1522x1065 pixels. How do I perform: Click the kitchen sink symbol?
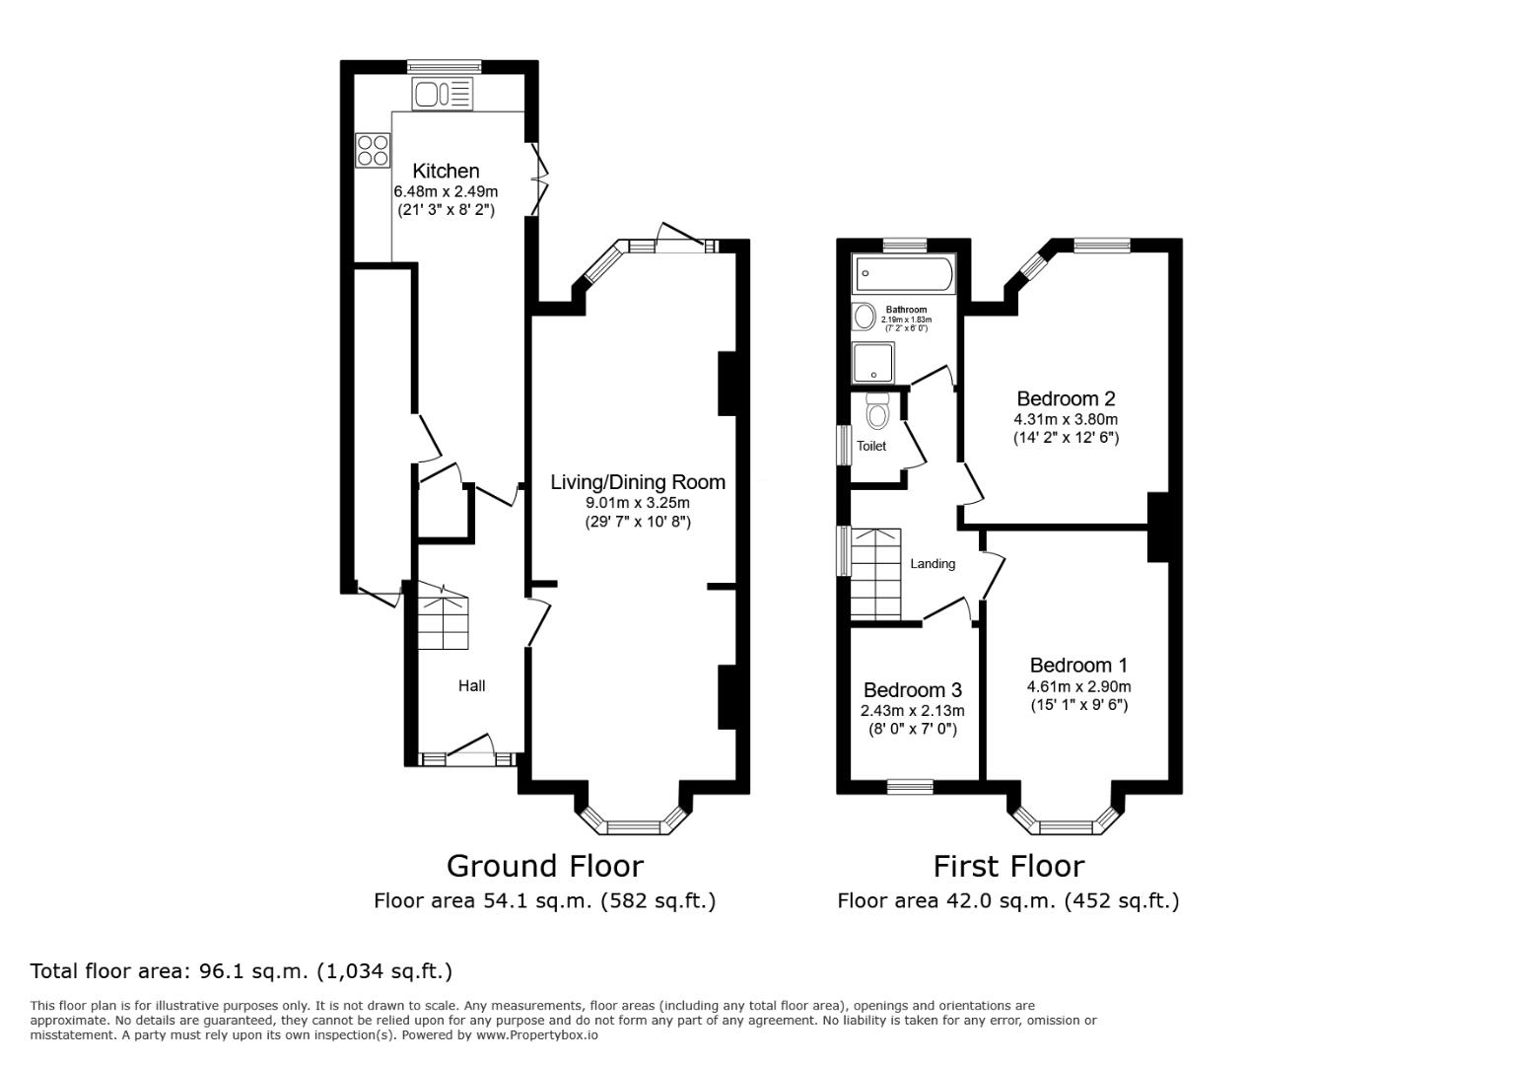point(444,95)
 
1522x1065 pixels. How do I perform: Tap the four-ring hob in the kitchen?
point(374,150)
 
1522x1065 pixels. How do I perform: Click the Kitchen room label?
point(446,171)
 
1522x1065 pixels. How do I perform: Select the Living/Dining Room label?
point(637,482)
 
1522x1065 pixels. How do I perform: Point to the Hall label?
point(471,686)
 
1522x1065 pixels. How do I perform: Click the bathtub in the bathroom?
point(904,273)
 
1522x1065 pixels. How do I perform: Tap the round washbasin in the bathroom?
point(865,317)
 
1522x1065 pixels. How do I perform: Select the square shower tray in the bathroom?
point(872,363)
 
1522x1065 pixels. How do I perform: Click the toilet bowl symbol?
point(877,409)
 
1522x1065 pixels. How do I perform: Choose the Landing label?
point(932,564)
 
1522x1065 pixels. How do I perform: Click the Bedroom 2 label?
point(1066,398)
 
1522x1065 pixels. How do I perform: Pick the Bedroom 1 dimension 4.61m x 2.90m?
point(1078,687)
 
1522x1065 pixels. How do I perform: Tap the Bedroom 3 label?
point(912,690)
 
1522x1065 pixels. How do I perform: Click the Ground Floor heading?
point(544,866)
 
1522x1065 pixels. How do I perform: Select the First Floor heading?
point(1008,866)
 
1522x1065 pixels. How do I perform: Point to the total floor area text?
point(242,971)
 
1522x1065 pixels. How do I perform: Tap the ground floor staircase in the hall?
point(442,621)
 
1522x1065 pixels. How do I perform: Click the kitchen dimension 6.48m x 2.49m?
point(446,191)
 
